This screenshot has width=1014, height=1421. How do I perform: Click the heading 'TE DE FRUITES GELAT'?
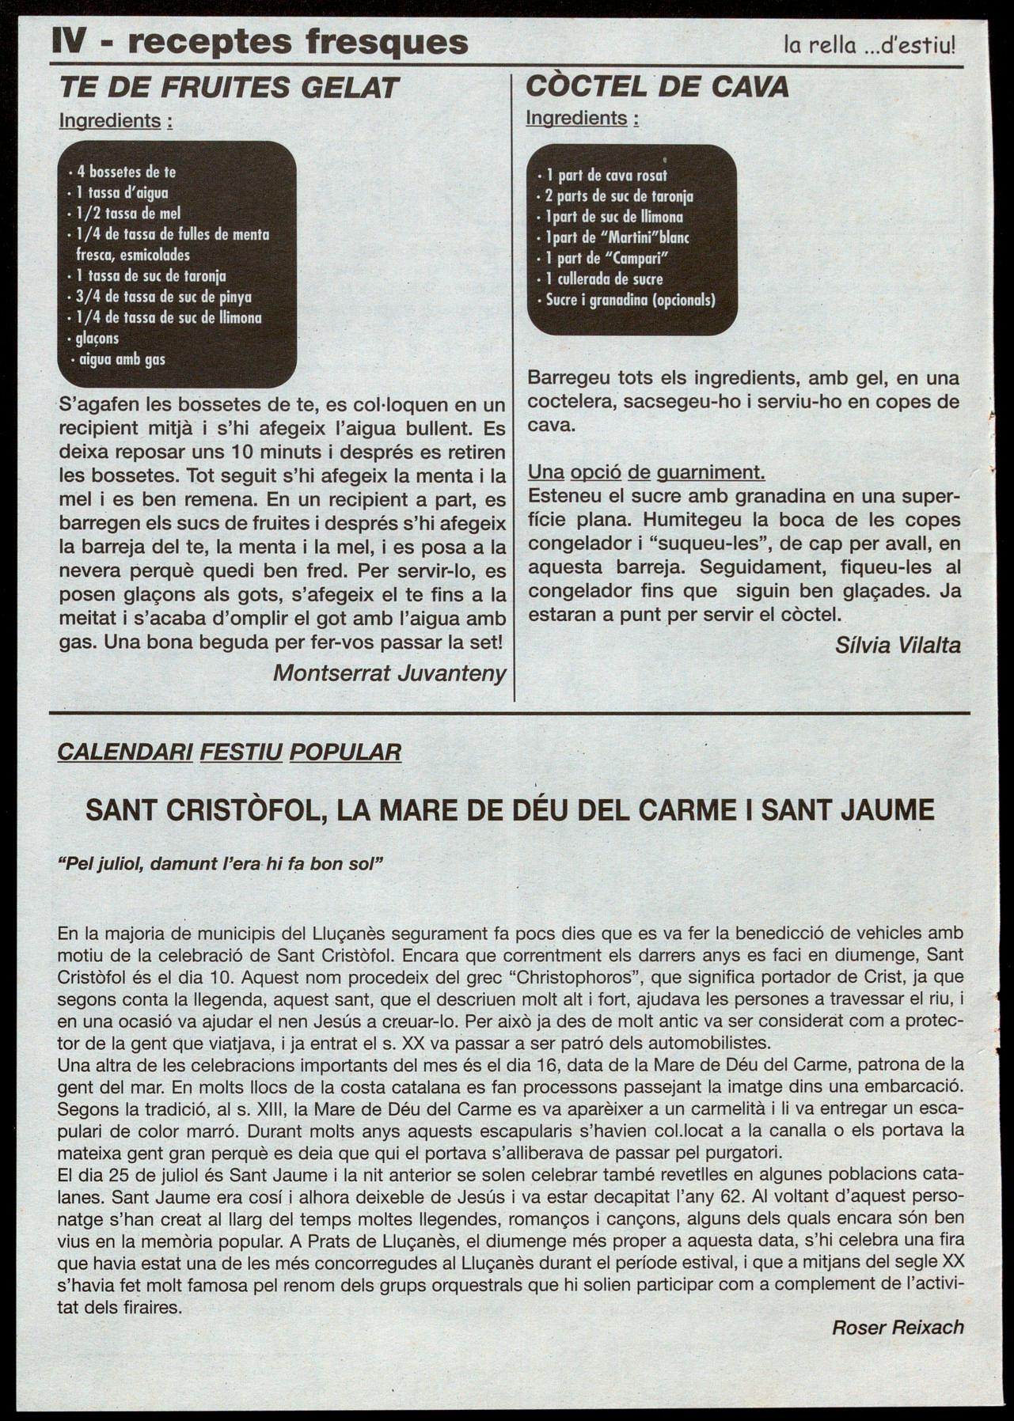coord(229,88)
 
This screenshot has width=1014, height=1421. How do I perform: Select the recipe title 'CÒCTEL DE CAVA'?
coord(657,86)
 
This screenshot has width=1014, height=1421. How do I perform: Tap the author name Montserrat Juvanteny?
coord(389,673)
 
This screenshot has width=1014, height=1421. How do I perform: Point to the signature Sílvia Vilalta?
coord(898,646)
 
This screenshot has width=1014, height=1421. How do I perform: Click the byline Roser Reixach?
coord(898,1328)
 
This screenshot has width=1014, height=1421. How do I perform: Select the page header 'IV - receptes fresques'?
coord(259,42)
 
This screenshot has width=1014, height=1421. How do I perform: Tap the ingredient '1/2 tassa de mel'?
coord(128,213)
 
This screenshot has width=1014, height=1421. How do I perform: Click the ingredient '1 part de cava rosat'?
coord(606,176)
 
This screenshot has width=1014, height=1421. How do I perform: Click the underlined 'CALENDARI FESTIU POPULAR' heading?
coord(230,752)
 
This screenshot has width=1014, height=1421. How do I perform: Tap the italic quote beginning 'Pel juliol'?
coord(221,863)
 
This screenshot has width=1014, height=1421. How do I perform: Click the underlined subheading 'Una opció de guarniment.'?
coord(646,472)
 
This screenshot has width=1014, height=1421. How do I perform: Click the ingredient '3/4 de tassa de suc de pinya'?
coord(164,297)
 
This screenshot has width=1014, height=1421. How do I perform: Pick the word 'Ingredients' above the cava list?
coord(576,119)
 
